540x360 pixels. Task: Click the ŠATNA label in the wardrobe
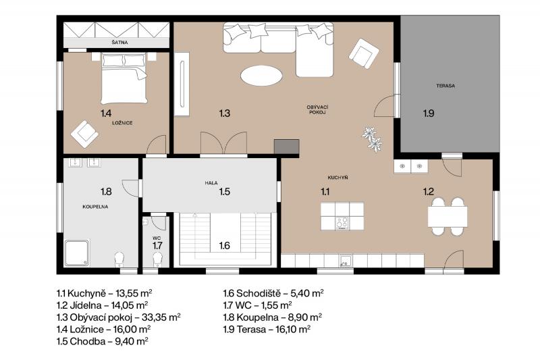click(119, 43)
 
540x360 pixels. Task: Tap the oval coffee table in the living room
click(261, 76)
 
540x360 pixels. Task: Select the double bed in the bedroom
click(124, 78)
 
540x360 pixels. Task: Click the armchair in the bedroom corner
click(84, 134)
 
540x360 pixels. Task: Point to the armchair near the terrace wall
click(364, 53)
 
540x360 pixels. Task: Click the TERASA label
click(446, 86)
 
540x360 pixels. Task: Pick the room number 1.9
click(429, 113)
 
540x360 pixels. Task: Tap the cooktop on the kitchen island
click(342, 223)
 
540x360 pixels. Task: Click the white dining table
click(448, 216)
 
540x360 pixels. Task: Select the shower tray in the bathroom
click(77, 253)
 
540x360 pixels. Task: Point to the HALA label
click(211, 183)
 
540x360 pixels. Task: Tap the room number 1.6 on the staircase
click(225, 246)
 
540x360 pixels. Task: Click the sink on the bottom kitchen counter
click(345, 261)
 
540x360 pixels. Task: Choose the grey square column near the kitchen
click(286, 147)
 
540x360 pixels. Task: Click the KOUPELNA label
click(95, 207)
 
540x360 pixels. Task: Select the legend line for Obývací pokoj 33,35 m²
click(119, 317)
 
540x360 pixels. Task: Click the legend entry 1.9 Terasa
click(267, 330)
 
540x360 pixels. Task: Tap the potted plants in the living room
click(372, 139)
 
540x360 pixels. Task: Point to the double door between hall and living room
click(223, 143)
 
